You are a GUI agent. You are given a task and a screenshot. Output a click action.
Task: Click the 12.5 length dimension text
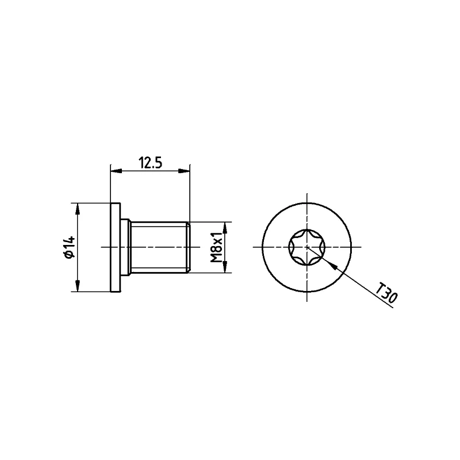149,163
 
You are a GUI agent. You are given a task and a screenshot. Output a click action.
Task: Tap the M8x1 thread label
216,247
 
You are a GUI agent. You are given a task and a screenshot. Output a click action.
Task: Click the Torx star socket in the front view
307,247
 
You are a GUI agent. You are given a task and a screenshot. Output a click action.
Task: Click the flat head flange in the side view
115,247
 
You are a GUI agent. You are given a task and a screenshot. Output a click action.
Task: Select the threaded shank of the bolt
158,247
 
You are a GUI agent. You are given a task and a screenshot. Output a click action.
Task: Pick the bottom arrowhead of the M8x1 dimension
226,268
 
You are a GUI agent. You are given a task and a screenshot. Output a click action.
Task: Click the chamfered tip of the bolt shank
187,247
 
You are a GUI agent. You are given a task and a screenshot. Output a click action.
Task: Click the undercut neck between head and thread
126,247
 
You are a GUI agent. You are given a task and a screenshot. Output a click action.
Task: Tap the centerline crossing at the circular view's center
307,247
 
